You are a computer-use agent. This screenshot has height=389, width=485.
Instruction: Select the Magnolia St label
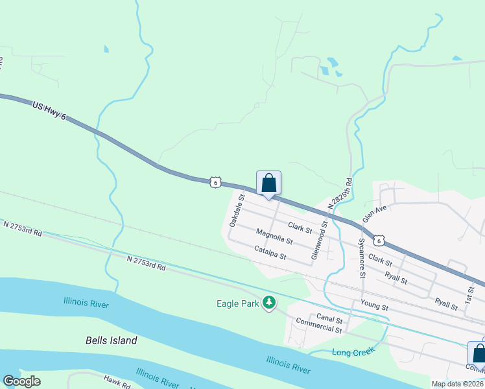(x=274, y=237)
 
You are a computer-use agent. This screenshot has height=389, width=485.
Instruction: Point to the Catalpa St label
(x=270, y=253)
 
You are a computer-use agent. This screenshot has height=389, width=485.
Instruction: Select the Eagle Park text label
(x=237, y=303)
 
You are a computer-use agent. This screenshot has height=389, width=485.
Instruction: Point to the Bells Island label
(x=112, y=340)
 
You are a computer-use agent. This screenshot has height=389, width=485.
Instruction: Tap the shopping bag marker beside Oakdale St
(x=268, y=184)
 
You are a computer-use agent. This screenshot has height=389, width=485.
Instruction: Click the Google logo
(x=22, y=381)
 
